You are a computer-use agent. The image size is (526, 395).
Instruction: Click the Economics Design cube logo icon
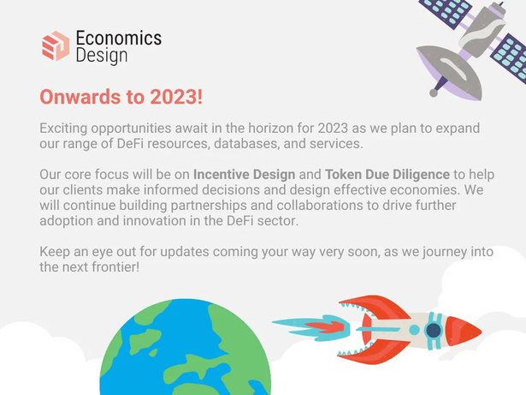coord(56,46)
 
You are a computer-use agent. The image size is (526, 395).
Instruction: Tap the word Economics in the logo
coord(119,38)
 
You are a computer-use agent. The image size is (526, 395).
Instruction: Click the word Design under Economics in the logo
coord(102,56)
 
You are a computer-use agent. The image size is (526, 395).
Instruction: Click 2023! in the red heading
coord(176,97)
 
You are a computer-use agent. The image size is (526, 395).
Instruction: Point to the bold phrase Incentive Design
coord(245,175)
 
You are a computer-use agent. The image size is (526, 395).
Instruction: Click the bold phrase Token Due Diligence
coord(387,175)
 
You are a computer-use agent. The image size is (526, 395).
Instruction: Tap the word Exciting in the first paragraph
coord(63,128)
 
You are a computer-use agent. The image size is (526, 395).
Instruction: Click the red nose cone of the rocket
coord(463,331)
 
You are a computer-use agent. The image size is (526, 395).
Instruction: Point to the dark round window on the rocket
coord(434,330)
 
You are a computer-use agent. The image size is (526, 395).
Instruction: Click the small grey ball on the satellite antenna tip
coord(434,93)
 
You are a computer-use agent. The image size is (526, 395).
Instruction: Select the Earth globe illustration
coord(186,347)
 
